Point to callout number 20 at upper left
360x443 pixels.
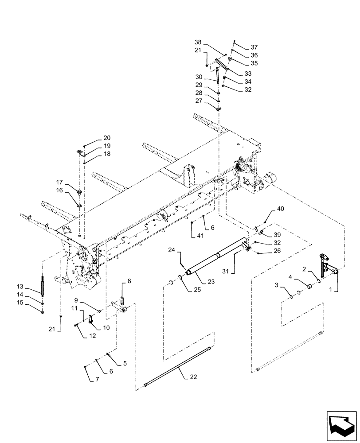pyautogui.click(x=95, y=138)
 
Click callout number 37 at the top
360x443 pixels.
pyautogui.click(x=254, y=47)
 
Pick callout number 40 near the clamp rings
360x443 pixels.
pyautogui.click(x=281, y=209)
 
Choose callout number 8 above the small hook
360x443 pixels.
pyautogui.click(x=129, y=281)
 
